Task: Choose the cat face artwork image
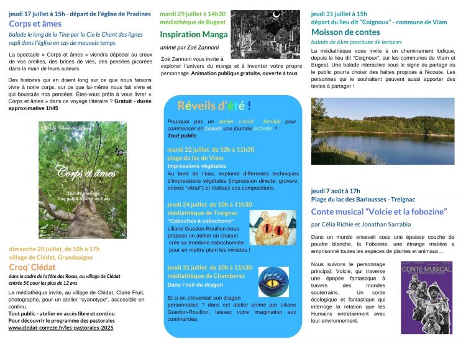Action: [x=272, y=226]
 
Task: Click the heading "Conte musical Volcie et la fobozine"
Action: [x=379, y=211]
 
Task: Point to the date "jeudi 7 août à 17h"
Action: [x=336, y=191]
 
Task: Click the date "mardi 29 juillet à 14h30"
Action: [x=193, y=13]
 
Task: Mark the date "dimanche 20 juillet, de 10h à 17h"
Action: [x=55, y=249]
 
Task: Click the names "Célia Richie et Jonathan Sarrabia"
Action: [x=360, y=224]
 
